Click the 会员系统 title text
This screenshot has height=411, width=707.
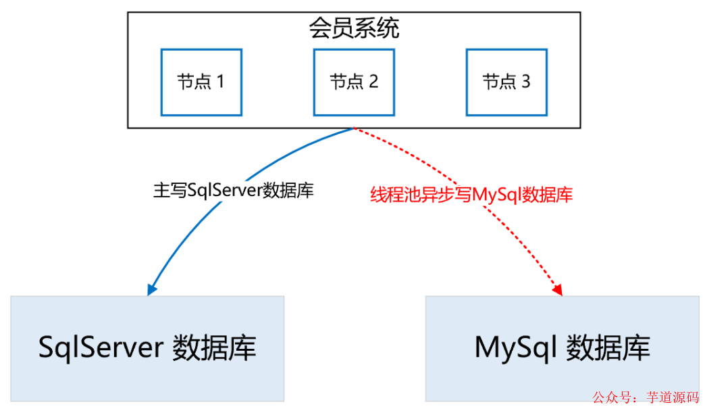point(354,28)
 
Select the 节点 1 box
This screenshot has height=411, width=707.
point(201,82)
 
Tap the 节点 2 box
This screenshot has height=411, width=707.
point(354,82)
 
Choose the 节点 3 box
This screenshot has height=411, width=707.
point(506,82)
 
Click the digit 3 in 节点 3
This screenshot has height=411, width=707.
point(525,82)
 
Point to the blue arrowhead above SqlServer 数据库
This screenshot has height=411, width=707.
point(151,290)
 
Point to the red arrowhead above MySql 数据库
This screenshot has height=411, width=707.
point(558,290)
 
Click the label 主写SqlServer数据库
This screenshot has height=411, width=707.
point(234,191)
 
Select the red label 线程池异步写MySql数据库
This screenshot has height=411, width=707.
point(471,195)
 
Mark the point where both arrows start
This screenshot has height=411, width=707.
point(354,128)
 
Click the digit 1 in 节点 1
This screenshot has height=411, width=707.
point(219,82)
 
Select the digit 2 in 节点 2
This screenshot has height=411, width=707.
point(373,82)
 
